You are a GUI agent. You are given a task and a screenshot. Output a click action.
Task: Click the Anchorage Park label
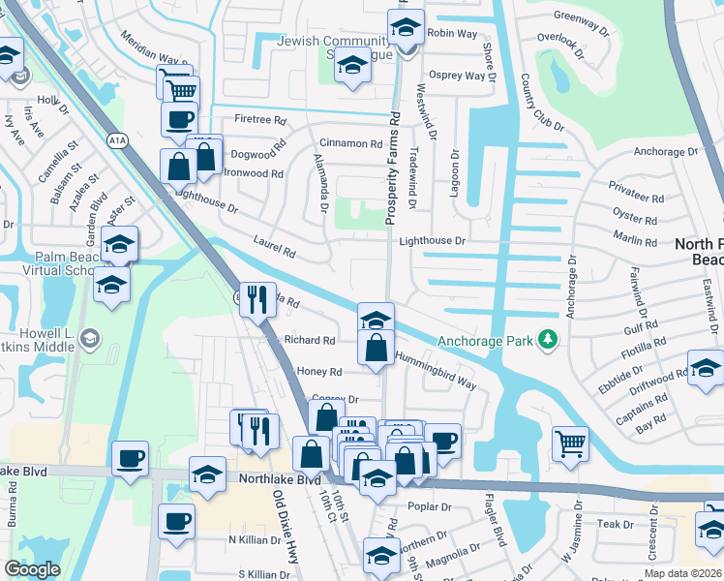pyautogui.click(x=485, y=341)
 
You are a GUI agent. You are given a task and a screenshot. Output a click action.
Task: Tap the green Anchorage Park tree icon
pyautogui.click(x=549, y=340)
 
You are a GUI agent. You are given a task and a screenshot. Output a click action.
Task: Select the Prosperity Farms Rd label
pyautogui.click(x=394, y=168)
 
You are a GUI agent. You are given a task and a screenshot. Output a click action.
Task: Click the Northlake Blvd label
pyautogui.click(x=282, y=479)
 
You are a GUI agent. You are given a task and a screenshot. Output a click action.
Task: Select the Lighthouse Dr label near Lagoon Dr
pyautogui.click(x=433, y=240)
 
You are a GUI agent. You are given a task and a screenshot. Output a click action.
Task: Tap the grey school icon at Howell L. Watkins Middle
pyautogui.click(x=90, y=338)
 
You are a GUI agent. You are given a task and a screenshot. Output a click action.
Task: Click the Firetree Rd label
pyautogui.click(x=261, y=120)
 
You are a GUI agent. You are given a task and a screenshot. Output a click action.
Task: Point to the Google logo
pyautogui.click(x=32, y=569)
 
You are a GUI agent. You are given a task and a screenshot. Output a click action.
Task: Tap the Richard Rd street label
pyautogui.click(x=310, y=341)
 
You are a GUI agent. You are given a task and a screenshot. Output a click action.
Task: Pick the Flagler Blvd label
pyautogui.click(x=495, y=524)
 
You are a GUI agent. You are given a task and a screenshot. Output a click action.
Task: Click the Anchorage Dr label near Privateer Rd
pyautogui.click(x=665, y=152)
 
